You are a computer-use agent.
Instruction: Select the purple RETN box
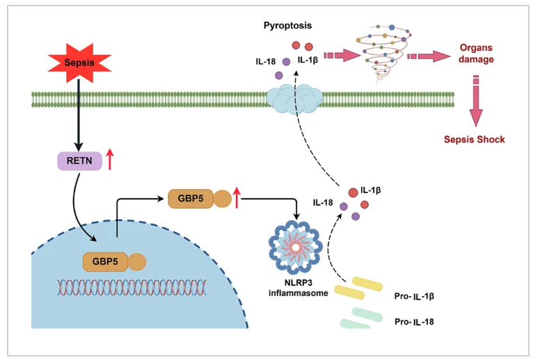tap(79, 161)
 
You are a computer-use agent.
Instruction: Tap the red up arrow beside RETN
tap(110, 161)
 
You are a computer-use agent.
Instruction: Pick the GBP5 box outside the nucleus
tap(189, 199)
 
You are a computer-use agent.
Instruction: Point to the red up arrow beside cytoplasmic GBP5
tap(238, 199)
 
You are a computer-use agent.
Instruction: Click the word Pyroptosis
tap(287, 26)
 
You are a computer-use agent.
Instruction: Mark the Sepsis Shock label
tap(474, 140)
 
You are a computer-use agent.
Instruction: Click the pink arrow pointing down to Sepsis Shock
tap(476, 104)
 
